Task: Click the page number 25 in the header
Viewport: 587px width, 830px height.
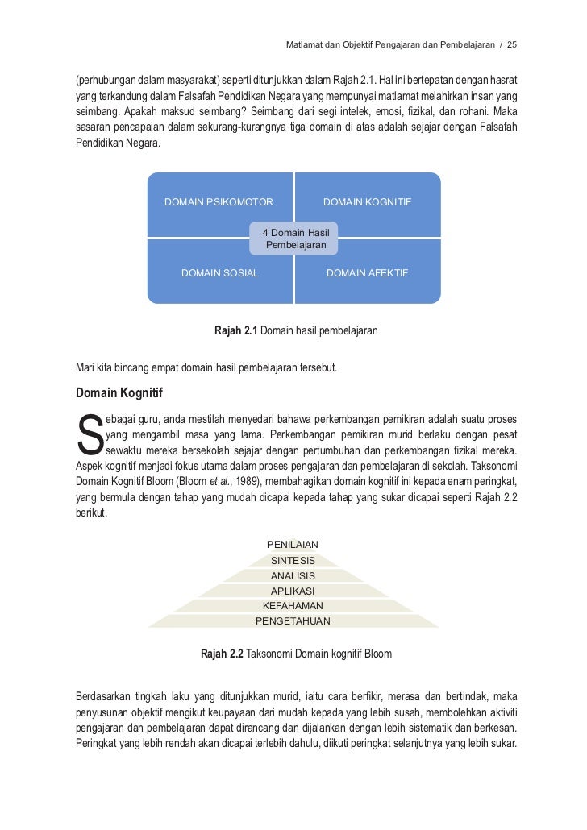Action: point(511,43)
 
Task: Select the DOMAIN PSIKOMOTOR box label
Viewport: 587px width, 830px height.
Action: point(219,202)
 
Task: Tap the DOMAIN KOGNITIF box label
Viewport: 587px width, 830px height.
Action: point(367,202)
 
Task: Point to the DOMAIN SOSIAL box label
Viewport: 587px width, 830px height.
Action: point(219,273)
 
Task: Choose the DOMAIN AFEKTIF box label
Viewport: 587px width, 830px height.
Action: point(367,273)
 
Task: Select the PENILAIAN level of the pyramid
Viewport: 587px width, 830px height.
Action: point(293,545)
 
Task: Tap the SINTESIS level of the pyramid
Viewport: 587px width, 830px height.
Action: point(293,560)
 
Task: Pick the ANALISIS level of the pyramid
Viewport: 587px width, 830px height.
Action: point(293,575)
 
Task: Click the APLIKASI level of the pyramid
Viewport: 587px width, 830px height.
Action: point(293,591)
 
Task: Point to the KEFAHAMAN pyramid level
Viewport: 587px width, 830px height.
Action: point(293,606)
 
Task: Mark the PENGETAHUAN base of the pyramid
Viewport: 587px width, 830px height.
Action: point(293,621)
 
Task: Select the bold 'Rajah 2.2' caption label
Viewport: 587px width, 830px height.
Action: point(222,654)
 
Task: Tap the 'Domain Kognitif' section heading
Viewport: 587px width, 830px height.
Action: point(119,394)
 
